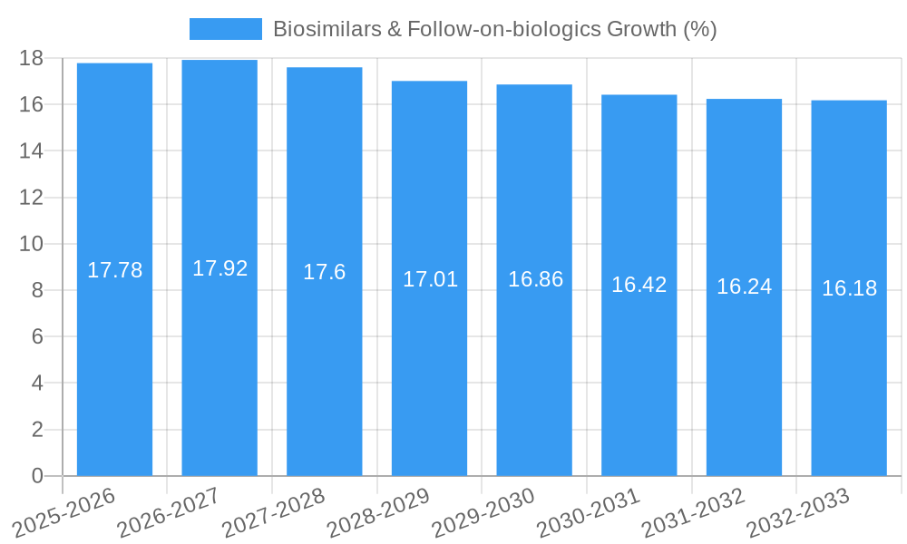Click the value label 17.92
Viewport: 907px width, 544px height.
coord(219,268)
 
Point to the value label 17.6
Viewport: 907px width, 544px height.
coord(324,272)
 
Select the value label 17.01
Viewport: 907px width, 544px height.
coord(430,279)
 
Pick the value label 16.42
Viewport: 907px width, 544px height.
coord(639,285)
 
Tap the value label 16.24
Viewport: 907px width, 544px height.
coord(744,287)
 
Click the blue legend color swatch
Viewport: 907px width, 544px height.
coord(225,29)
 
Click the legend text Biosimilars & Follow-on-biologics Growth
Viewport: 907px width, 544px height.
coord(495,29)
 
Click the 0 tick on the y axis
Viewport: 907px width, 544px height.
coord(37,476)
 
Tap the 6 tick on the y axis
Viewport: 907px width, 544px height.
coord(37,336)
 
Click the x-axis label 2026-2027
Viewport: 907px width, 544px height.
coord(169,512)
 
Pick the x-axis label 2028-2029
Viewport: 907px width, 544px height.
coord(378,512)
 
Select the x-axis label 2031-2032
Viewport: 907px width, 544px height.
coord(693,512)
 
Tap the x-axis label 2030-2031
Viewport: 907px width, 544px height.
coord(588,512)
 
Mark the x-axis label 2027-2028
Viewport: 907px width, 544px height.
coord(273,512)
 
